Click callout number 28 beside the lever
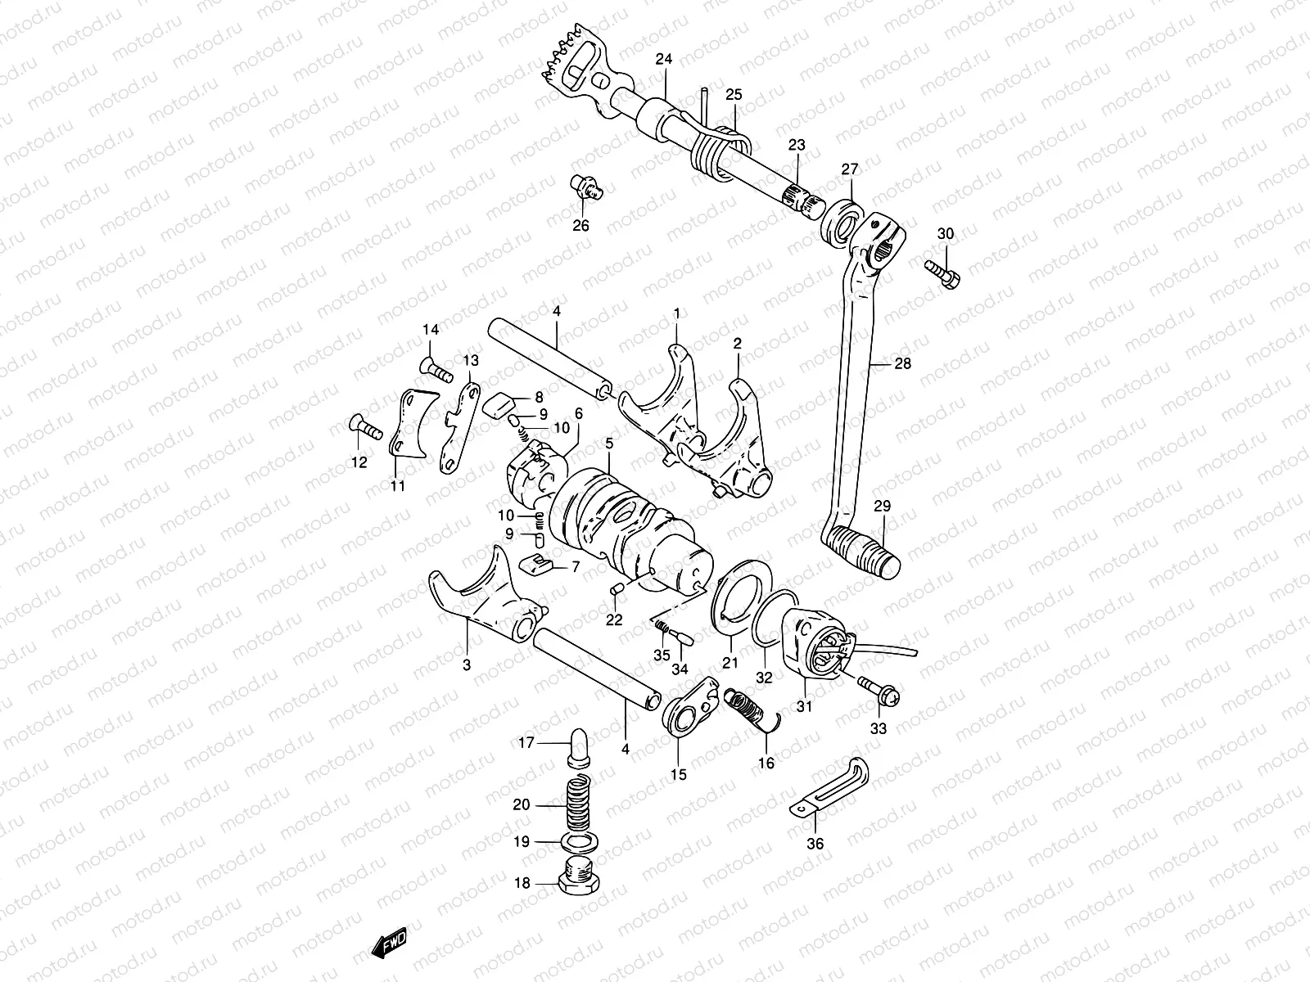click(902, 363)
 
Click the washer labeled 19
click(579, 842)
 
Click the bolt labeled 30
click(943, 273)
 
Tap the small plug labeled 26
click(587, 187)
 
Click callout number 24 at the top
click(663, 59)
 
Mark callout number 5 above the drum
click(609, 444)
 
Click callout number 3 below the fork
click(467, 665)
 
